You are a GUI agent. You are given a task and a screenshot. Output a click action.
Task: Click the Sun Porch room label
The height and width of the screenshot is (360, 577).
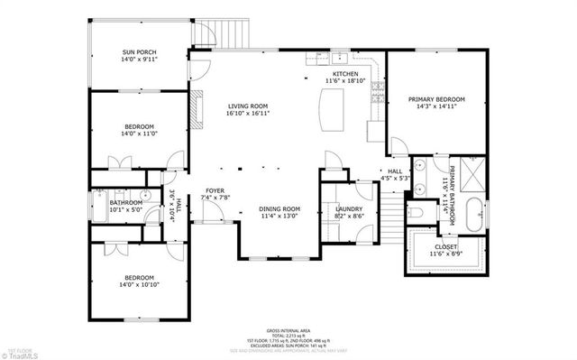click(x=139, y=57)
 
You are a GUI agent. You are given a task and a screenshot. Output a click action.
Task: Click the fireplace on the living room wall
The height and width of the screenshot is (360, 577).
click(x=192, y=109)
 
